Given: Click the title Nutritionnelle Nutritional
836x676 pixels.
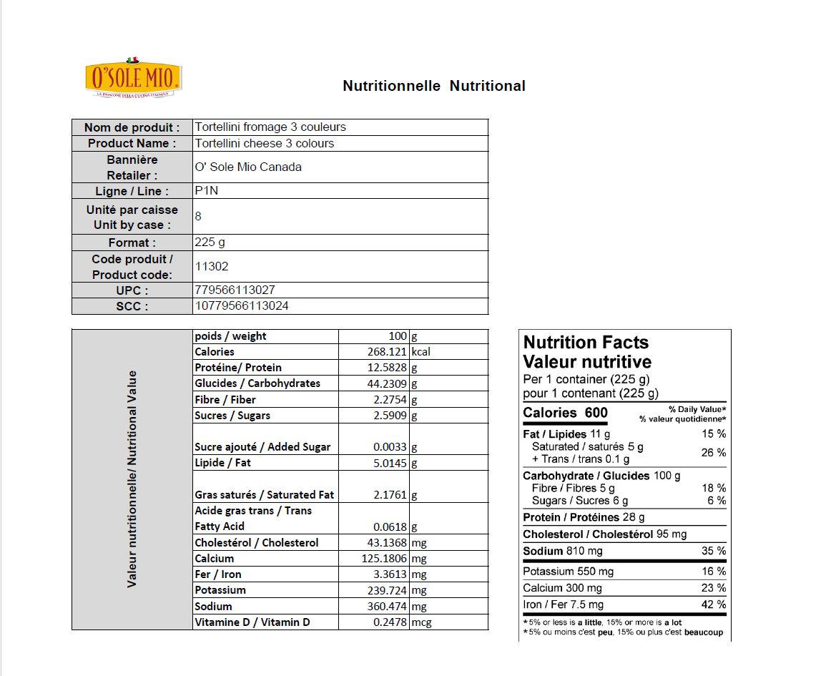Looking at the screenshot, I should [x=434, y=86].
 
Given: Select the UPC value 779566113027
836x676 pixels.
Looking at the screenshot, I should [x=235, y=290].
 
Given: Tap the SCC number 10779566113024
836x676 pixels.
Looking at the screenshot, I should [x=242, y=306].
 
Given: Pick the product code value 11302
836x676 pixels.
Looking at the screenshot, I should [x=212, y=266].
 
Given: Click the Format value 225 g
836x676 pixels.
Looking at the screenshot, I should [x=210, y=243].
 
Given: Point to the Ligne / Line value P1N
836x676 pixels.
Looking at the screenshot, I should [x=206, y=191].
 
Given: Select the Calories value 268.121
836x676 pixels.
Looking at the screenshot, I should [x=386, y=352].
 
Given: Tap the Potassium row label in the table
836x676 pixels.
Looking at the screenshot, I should [x=220, y=590].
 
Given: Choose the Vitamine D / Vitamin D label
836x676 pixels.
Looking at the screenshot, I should [x=252, y=622].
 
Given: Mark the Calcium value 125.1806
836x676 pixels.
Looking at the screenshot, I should [x=385, y=559].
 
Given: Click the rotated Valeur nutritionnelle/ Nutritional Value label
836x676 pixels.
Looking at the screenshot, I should [x=132, y=479].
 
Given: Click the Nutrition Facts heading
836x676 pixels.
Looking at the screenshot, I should [x=586, y=343].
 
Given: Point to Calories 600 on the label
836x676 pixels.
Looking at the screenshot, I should [x=565, y=413].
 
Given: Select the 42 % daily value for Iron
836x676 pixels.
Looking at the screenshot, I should [x=715, y=605].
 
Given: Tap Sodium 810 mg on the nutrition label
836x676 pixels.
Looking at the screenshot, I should [x=563, y=551].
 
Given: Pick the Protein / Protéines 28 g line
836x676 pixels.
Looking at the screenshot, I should [x=584, y=517].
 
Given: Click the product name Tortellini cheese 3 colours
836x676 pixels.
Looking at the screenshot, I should [x=265, y=143].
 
